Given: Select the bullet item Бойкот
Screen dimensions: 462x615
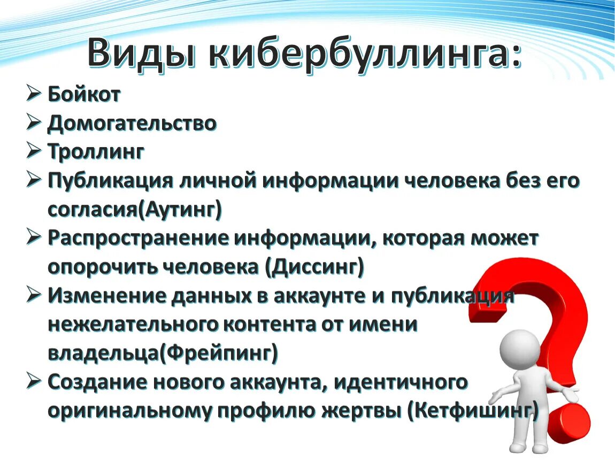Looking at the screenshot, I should [x=84, y=95].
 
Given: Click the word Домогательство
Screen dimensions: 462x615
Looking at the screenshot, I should [x=132, y=124].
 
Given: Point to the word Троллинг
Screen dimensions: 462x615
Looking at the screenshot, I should [x=96, y=152].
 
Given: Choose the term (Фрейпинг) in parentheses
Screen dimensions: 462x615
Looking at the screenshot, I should [x=222, y=353].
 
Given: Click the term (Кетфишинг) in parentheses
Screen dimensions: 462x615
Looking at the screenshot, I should [x=472, y=410].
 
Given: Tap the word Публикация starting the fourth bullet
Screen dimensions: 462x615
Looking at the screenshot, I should [x=110, y=181].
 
